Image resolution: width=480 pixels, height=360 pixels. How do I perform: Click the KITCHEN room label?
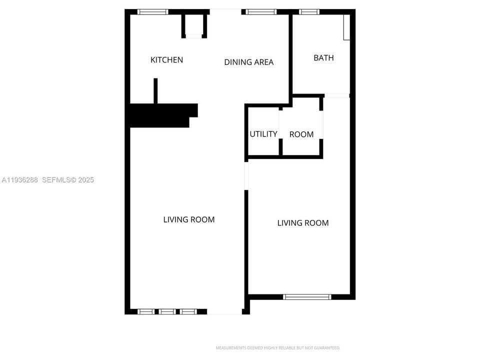point(167,60)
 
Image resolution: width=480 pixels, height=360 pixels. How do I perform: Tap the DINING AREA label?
point(248,62)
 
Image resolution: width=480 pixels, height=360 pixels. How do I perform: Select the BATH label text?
point(323,58)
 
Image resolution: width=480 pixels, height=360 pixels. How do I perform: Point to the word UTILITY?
point(263,134)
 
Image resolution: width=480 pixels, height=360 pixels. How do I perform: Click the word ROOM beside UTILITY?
point(301,134)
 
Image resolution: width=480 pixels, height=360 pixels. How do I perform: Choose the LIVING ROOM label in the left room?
point(189,219)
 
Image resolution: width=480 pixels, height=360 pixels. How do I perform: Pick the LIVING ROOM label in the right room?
point(303,223)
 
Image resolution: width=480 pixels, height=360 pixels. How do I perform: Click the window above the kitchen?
point(153,12)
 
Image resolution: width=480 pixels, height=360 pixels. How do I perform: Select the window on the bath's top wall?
point(309,12)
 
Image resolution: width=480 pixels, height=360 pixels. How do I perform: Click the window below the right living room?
point(307,297)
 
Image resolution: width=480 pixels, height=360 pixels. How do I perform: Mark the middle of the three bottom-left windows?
point(166,311)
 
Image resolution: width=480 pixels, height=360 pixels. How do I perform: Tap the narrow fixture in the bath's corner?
point(346,27)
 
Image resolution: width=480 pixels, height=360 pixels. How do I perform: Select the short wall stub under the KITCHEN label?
point(155,91)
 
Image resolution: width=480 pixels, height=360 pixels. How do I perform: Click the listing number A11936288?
point(20,180)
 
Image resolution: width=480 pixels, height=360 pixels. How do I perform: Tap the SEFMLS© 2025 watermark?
point(68,180)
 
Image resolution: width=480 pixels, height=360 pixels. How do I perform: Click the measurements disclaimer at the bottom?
point(278,347)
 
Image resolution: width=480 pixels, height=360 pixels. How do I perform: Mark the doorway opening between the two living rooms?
point(246,175)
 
